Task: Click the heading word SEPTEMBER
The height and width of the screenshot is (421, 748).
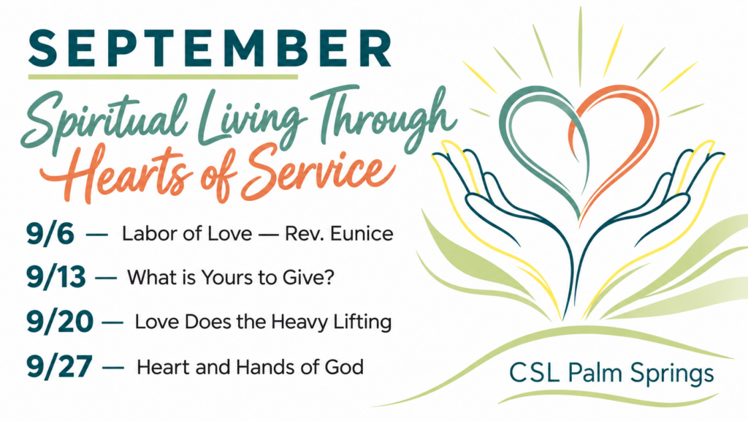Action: [x=210, y=49]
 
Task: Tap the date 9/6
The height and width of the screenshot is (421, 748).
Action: [x=50, y=234]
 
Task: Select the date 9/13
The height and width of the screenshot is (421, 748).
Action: [x=56, y=277]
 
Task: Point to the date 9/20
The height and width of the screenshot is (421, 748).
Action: [x=60, y=322]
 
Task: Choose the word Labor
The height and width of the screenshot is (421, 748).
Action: [x=145, y=234]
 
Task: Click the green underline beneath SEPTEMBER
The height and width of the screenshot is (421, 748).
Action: [x=163, y=76]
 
